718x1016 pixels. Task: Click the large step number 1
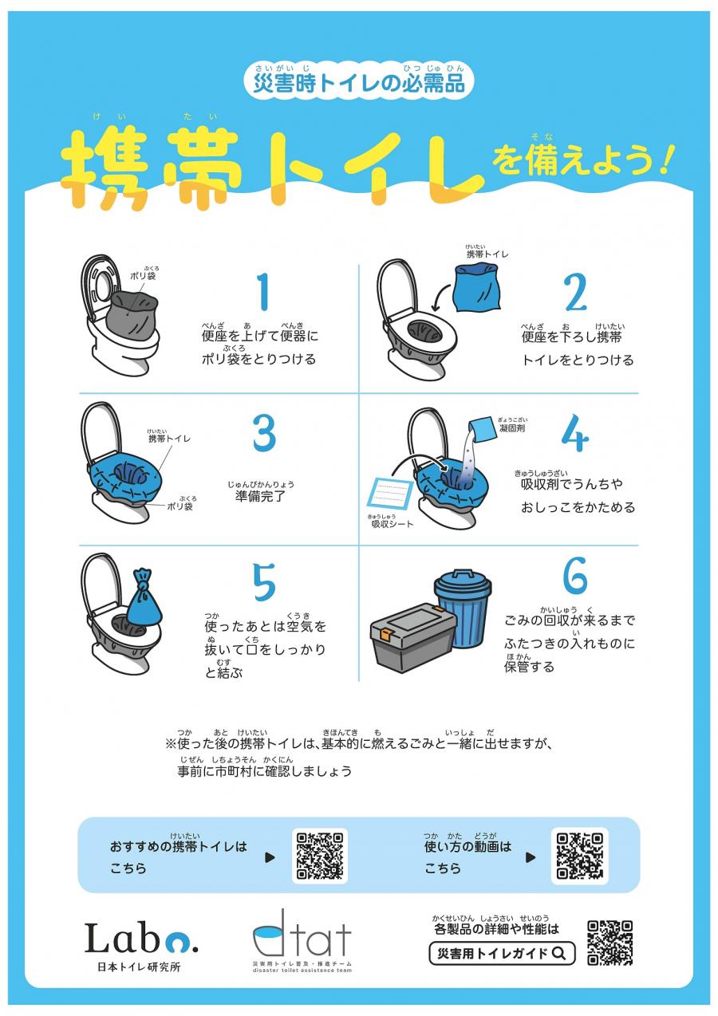[x=264, y=292]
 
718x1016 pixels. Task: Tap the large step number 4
[x=574, y=433]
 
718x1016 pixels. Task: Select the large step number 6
[x=574, y=574]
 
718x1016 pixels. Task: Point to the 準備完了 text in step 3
[x=260, y=495]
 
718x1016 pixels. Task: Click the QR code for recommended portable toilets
[x=320, y=856]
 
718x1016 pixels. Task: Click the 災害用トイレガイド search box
[x=502, y=953]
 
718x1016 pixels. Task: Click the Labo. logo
[x=141, y=939]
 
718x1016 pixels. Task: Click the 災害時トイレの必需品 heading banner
[x=358, y=82]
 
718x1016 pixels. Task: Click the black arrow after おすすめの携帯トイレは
[x=270, y=857]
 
